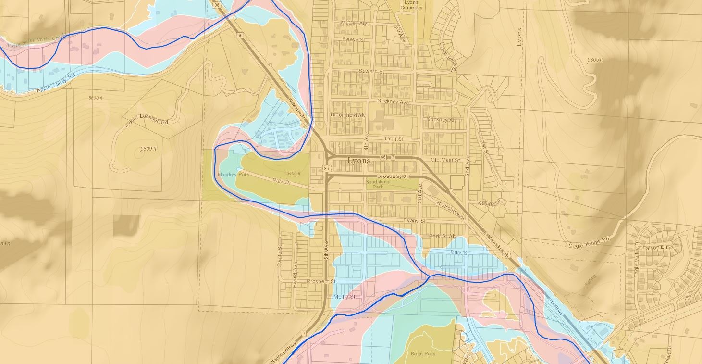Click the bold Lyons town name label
click(358, 161)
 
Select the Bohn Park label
click(422, 353)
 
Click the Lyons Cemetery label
click(411, 5)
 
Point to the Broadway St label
click(392, 177)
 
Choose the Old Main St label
click(445, 160)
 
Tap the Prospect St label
click(320, 281)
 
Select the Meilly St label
click(344, 297)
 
